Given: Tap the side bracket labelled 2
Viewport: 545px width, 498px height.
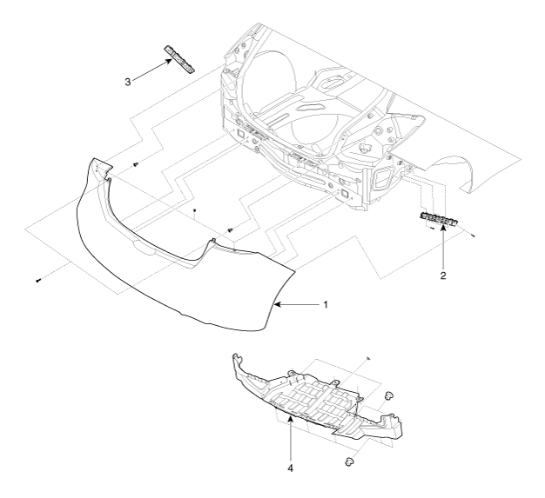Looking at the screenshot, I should pyautogui.click(x=440, y=221).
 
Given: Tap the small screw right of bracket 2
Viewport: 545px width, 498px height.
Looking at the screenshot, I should pyautogui.click(x=473, y=235).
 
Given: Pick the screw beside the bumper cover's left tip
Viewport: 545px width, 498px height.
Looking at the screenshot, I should pyautogui.click(x=137, y=164).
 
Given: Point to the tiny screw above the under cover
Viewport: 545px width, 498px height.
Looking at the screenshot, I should pyautogui.click(x=369, y=357).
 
